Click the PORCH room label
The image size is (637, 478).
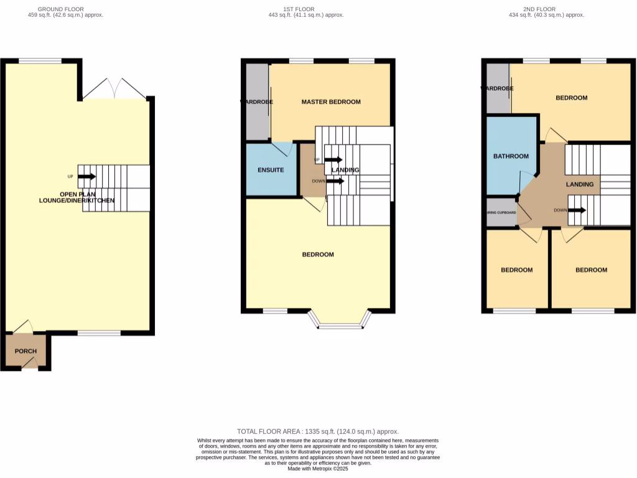tap(26, 351)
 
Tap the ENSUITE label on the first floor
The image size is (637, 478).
tap(271, 170)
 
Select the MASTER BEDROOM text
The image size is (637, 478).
tap(331, 101)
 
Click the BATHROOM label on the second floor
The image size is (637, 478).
tap(511, 156)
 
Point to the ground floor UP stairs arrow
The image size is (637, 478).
tap(86, 176)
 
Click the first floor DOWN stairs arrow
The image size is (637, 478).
tap(335, 181)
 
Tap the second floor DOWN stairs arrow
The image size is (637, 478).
tap(577, 210)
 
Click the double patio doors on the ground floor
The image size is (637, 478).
tap(114, 89)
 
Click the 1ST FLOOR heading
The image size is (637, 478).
tap(299, 9)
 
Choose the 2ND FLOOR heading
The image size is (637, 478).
tap(539, 9)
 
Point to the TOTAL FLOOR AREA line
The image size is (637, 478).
tap(318, 431)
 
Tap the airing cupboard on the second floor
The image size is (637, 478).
tap(501, 212)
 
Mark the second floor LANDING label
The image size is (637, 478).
tap(579, 184)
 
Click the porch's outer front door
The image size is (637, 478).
tap(29, 367)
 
